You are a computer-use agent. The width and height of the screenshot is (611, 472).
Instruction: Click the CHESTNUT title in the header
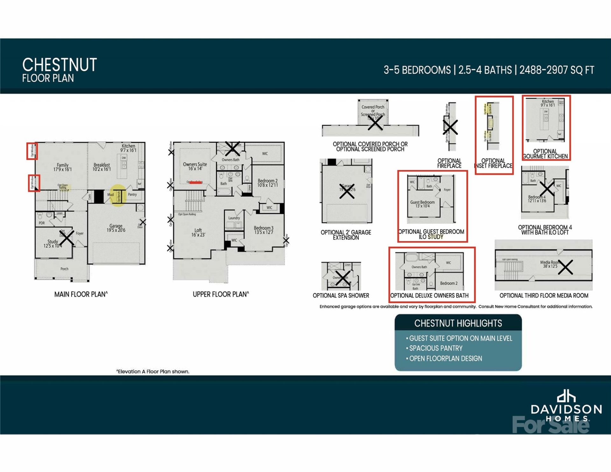[60, 65]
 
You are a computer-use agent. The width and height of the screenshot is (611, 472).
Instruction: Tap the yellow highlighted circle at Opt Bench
[118, 195]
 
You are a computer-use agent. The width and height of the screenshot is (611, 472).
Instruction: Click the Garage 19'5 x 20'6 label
[116, 228]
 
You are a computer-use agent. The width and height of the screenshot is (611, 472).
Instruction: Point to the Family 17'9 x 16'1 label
[62, 167]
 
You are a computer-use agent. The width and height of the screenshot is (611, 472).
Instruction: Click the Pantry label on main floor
[132, 194]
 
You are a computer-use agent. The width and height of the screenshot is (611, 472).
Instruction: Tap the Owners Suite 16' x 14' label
[195, 166]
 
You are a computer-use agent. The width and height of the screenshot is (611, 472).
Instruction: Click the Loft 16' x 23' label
[198, 232]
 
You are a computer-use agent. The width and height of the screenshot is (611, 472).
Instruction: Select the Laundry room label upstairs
[234, 218]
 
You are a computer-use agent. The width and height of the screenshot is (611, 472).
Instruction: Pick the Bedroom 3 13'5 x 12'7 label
[263, 230]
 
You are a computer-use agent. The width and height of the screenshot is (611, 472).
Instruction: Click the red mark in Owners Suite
[195, 182]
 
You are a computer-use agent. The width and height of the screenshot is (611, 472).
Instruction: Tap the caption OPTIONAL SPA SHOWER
[341, 295]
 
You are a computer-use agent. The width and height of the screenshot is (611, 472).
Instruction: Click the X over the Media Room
[565, 267]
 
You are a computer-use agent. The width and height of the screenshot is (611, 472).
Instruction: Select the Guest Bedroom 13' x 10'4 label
[422, 204]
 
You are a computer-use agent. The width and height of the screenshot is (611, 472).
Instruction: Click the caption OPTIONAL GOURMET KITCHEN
[545, 154]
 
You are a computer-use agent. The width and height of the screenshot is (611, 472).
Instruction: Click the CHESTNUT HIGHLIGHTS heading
[458, 323]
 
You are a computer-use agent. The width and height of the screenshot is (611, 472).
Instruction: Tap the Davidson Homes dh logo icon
[566, 396]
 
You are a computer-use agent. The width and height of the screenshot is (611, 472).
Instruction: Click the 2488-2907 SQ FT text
[557, 70]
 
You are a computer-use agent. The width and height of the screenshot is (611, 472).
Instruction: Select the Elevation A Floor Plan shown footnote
[153, 371]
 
